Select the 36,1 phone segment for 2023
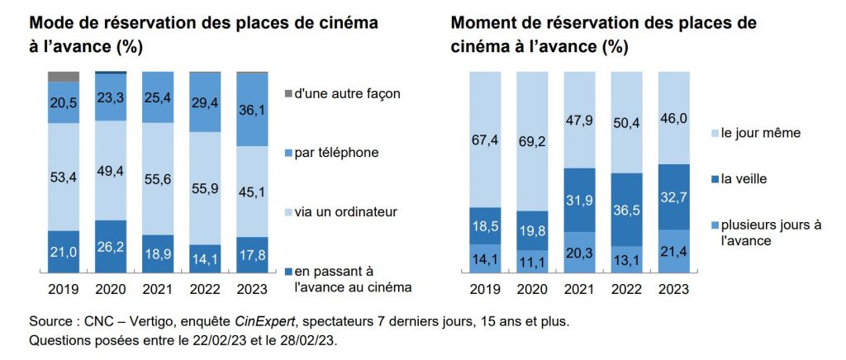[252, 109]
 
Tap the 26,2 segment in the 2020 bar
[111, 245]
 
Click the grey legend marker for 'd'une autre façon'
[288, 93]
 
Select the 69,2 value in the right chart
[532, 141]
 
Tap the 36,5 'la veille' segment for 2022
[627, 209]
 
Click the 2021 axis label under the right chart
[580, 290]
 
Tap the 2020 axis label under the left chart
[111, 290]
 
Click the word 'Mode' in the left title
[53, 23]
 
